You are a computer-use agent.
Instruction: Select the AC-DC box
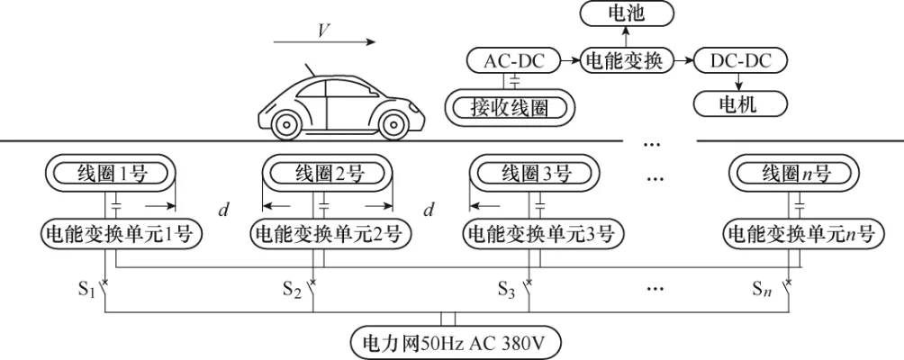tap(510, 61)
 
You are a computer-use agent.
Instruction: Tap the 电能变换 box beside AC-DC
tap(624, 61)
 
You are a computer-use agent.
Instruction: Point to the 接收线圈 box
tap(510, 108)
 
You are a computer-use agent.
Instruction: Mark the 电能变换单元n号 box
tap(800, 234)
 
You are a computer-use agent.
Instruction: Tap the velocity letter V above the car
tap(322, 30)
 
